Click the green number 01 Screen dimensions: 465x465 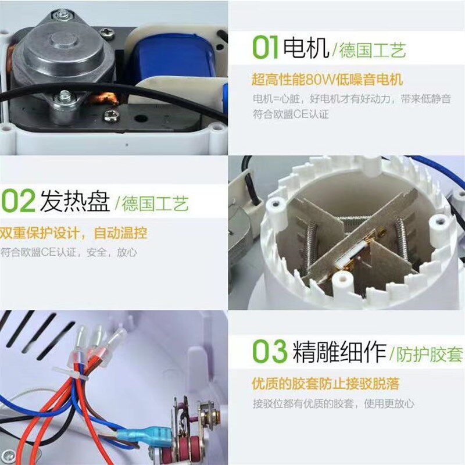click(265, 48)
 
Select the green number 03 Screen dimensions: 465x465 click(270, 352)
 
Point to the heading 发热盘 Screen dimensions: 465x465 click(74, 202)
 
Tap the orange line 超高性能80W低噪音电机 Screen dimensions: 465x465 click(327, 79)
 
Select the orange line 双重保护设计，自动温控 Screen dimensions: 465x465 click(73, 234)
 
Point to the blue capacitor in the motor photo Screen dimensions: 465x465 click(169, 57)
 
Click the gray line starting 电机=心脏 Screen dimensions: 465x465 click(352, 98)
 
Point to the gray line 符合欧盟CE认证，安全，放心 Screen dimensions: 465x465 click(69, 252)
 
